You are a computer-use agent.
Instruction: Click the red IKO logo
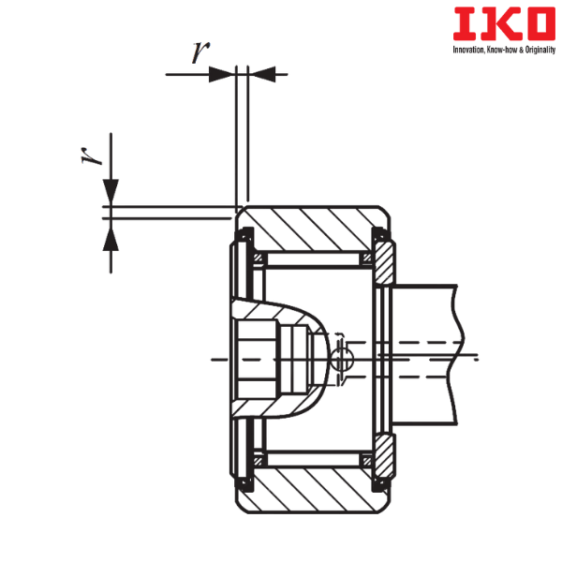point(504,24)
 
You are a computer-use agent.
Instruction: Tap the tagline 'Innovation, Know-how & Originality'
point(504,50)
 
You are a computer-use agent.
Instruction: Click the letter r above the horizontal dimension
point(200,52)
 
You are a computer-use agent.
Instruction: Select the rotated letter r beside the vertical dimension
point(92,155)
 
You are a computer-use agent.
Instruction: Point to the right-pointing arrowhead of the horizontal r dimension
point(221,74)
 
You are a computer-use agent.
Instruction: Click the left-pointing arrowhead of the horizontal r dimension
point(262,74)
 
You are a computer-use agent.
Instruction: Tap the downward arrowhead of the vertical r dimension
point(111,192)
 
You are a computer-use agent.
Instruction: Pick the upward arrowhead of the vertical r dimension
point(111,238)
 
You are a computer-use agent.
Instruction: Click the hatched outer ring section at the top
point(313,229)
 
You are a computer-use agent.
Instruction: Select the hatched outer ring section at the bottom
point(313,490)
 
